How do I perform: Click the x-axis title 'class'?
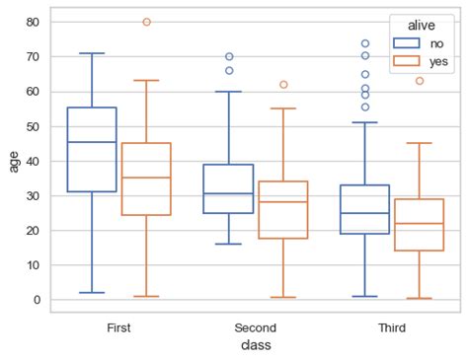[x=256, y=345]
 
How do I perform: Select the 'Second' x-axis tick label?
[x=256, y=326]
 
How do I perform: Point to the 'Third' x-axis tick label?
[x=392, y=326]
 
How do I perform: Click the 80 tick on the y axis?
[x=34, y=22]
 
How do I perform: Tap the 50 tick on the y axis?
[x=34, y=126]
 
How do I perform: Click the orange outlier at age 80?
[x=146, y=22]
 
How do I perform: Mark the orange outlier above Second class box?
[x=283, y=85]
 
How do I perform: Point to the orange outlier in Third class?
[x=420, y=81]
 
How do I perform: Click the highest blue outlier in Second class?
[x=228, y=56]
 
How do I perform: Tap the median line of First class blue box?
[x=92, y=142]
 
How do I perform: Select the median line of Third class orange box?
[x=420, y=224]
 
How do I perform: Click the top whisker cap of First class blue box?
[x=92, y=53]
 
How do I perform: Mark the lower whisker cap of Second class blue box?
[x=228, y=245]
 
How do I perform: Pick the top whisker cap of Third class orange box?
[x=420, y=143]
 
